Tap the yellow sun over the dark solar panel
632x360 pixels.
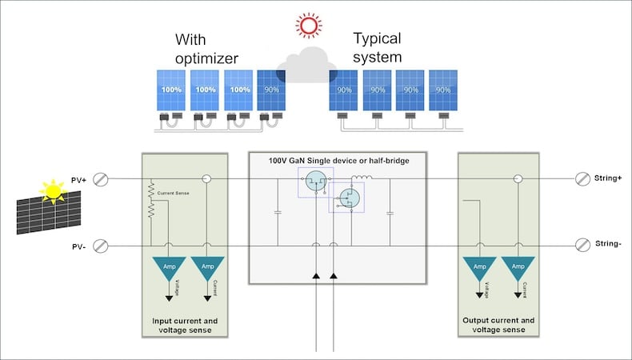[53, 191]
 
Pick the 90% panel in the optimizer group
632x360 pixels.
[271, 90]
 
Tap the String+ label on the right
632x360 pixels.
[609, 178]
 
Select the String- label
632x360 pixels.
[609, 243]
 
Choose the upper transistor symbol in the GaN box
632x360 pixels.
[315, 182]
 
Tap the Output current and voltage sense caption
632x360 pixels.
[499, 325]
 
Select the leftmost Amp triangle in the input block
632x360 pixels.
[168, 266]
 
